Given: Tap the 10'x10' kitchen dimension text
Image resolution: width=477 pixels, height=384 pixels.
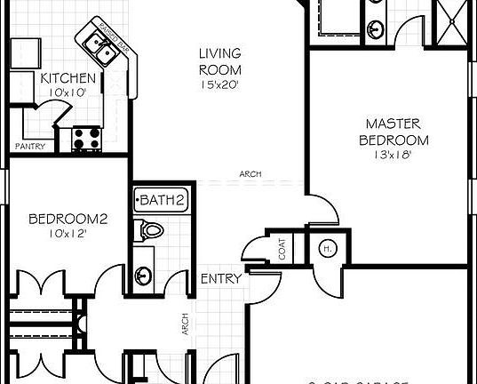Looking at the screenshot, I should click(68, 92).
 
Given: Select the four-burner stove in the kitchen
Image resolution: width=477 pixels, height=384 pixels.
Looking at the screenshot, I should click(86, 138).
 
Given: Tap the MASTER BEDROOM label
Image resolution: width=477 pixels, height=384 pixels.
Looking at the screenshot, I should click(394, 132).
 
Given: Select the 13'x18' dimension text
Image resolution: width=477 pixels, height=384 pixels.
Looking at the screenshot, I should click(394, 156).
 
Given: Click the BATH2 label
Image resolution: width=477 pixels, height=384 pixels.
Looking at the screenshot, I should click(161, 200).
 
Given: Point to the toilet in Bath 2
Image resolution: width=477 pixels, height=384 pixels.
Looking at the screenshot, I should click(152, 231).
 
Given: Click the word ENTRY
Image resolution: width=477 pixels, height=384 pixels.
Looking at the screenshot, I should click(221, 279).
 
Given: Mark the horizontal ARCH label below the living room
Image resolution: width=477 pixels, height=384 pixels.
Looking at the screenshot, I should click(250, 174).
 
